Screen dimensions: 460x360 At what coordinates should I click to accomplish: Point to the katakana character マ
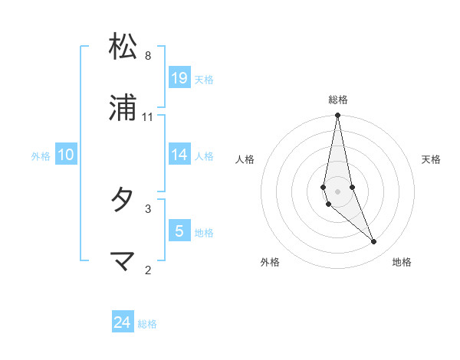tap(123, 260)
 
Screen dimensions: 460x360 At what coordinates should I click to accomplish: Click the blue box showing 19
tap(179, 78)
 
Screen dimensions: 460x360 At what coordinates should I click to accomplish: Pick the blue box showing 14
tap(179, 155)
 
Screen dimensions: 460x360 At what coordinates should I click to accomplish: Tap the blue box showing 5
tap(179, 231)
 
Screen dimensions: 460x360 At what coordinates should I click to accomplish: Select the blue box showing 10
tap(66, 155)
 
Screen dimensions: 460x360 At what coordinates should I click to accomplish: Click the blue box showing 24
tap(123, 322)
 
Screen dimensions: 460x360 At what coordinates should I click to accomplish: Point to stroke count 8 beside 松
tap(148, 56)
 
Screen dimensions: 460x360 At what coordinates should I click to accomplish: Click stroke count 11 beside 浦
tap(148, 117)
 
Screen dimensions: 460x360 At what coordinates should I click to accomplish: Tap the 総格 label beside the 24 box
tap(147, 324)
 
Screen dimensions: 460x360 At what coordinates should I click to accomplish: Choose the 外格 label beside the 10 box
tap(41, 156)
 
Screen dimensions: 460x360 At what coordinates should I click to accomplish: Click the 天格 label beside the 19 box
tap(204, 80)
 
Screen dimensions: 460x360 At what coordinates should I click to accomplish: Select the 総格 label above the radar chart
tap(338, 100)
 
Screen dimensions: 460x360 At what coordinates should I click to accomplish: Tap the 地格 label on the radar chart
tap(402, 262)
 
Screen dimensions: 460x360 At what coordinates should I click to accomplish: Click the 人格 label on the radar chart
tap(245, 159)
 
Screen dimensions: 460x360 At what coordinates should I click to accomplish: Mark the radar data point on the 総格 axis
tap(337, 116)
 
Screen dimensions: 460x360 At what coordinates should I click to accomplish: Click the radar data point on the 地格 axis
tap(374, 242)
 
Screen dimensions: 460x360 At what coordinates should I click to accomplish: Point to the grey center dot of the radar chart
tap(337, 191)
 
